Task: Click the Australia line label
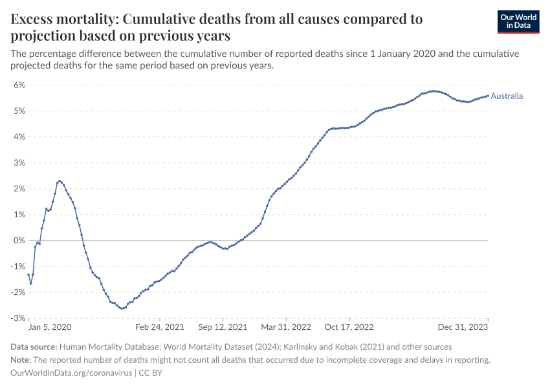(507, 96)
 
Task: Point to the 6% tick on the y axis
(19, 85)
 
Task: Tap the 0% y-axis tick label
(19, 241)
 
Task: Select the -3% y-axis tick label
(17, 318)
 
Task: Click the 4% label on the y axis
(19, 137)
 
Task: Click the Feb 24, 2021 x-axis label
(160, 327)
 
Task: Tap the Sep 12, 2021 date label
(223, 327)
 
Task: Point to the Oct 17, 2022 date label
(349, 327)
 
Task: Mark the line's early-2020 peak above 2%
(59, 181)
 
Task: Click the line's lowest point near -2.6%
(122, 308)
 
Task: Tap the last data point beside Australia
(488, 96)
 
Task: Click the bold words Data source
(34, 347)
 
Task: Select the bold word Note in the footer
(22, 360)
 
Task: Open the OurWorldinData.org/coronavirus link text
(71, 373)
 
